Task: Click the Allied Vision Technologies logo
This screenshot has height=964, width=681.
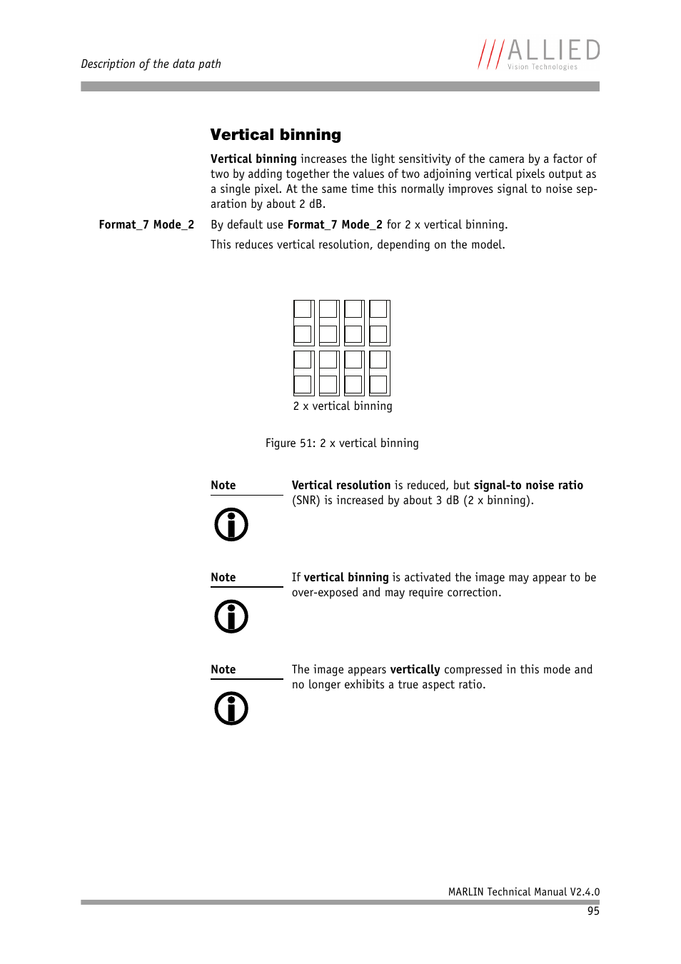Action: (539, 54)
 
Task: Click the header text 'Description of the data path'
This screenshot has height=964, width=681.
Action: (151, 64)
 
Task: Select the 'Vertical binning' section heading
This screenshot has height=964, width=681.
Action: (276, 135)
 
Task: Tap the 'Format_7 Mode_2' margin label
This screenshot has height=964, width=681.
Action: (146, 224)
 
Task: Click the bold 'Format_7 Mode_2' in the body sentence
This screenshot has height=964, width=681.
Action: (335, 224)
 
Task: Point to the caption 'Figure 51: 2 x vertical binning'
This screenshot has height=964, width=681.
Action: (342, 443)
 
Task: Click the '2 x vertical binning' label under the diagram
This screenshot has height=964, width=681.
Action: (343, 406)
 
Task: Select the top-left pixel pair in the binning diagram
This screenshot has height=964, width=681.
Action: (303, 323)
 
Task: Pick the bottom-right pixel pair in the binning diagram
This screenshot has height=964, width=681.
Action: (379, 373)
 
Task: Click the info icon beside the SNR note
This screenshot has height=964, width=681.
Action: (231, 525)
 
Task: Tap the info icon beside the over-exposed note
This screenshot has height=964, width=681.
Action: (231, 617)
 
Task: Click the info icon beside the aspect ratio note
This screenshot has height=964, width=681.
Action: (231, 709)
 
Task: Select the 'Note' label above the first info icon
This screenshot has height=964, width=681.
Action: (223, 485)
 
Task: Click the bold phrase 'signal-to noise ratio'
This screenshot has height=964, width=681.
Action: (528, 485)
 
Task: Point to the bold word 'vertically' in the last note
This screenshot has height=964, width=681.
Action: (415, 669)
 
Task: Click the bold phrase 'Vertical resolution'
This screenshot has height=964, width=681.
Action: (341, 485)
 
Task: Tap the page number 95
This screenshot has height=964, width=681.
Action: (593, 911)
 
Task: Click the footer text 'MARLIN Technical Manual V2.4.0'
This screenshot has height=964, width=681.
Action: (523, 892)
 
